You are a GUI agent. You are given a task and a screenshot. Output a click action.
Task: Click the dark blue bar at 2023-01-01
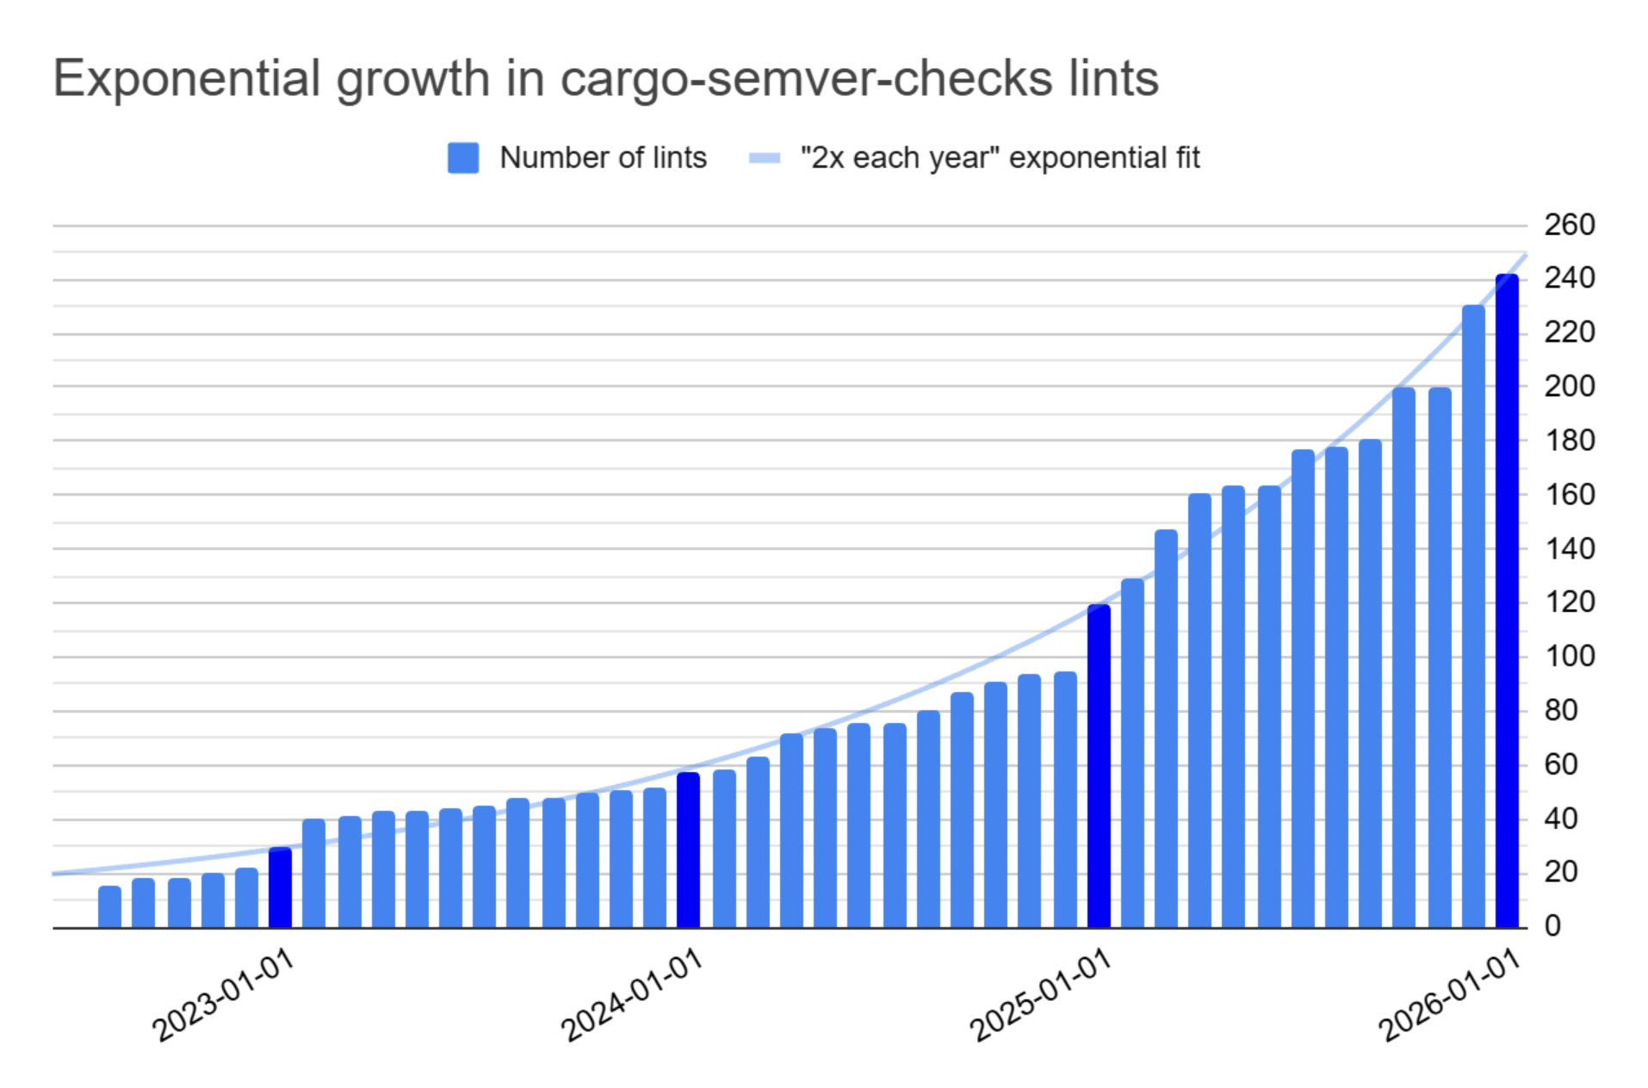pos(280,888)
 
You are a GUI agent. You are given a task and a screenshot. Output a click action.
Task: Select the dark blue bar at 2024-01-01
pos(688,850)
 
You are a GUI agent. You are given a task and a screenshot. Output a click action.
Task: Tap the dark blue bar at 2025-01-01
pos(1098,766)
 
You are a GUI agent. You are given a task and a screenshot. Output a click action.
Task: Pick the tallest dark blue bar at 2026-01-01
pos(1506,603)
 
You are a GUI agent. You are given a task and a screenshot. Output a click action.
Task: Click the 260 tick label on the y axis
pos(1569,226)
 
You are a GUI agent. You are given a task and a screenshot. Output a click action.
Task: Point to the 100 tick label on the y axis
pos(1569,657)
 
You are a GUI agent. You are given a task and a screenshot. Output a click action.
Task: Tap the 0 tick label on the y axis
pos(1552,926)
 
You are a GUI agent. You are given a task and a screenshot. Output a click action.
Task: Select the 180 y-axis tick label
pos(1569,441)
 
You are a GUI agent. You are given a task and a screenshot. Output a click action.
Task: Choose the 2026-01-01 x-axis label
pos(1450,995)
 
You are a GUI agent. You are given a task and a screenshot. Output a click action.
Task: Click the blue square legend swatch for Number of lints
pos(463,158)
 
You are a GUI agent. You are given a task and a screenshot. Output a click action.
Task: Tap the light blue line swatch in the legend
pos(765,158)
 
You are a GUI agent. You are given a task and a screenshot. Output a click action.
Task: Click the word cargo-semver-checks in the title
pos(806,79)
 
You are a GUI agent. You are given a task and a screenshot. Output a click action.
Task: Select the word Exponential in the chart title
pos(187,79)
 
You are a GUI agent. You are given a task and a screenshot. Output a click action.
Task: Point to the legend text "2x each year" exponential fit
pos(999,158)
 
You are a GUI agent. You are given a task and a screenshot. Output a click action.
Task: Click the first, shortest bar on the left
pos(109,907)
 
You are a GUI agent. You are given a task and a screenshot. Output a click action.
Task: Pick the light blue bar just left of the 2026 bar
pos(1473,616)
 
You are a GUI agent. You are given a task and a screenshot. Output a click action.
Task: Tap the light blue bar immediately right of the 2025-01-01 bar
pos(1132,753)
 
